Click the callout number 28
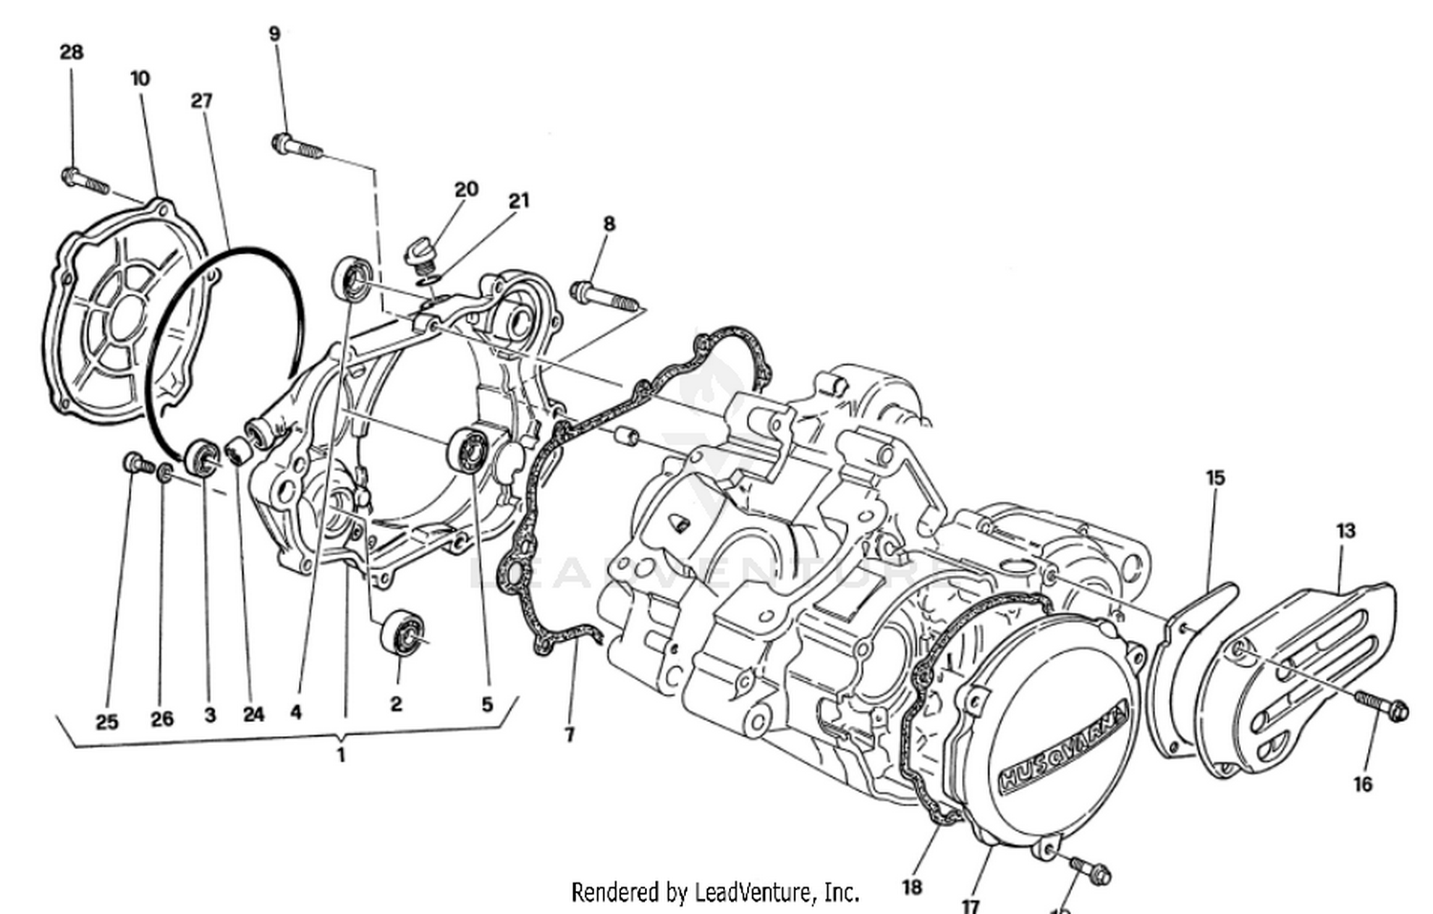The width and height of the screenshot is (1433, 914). click(72, 52)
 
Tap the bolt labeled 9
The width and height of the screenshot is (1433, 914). click(296, 147)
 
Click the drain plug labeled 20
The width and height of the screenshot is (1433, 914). click(419, 253)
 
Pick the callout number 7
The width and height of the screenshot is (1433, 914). click(569, 734)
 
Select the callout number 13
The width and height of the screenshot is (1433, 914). click(1345, 530)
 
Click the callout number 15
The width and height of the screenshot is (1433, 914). click(1214, 478)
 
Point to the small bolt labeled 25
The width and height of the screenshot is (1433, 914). click(135, 464)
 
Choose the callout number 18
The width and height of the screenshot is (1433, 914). click(911, 886)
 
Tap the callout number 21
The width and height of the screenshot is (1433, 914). click(518, 201)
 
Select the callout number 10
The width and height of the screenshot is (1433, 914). click(140, 78)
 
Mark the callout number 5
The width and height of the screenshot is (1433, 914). click(486, 705)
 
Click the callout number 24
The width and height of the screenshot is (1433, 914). click(253, 714)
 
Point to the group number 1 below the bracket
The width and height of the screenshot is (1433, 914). click(340, 755)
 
